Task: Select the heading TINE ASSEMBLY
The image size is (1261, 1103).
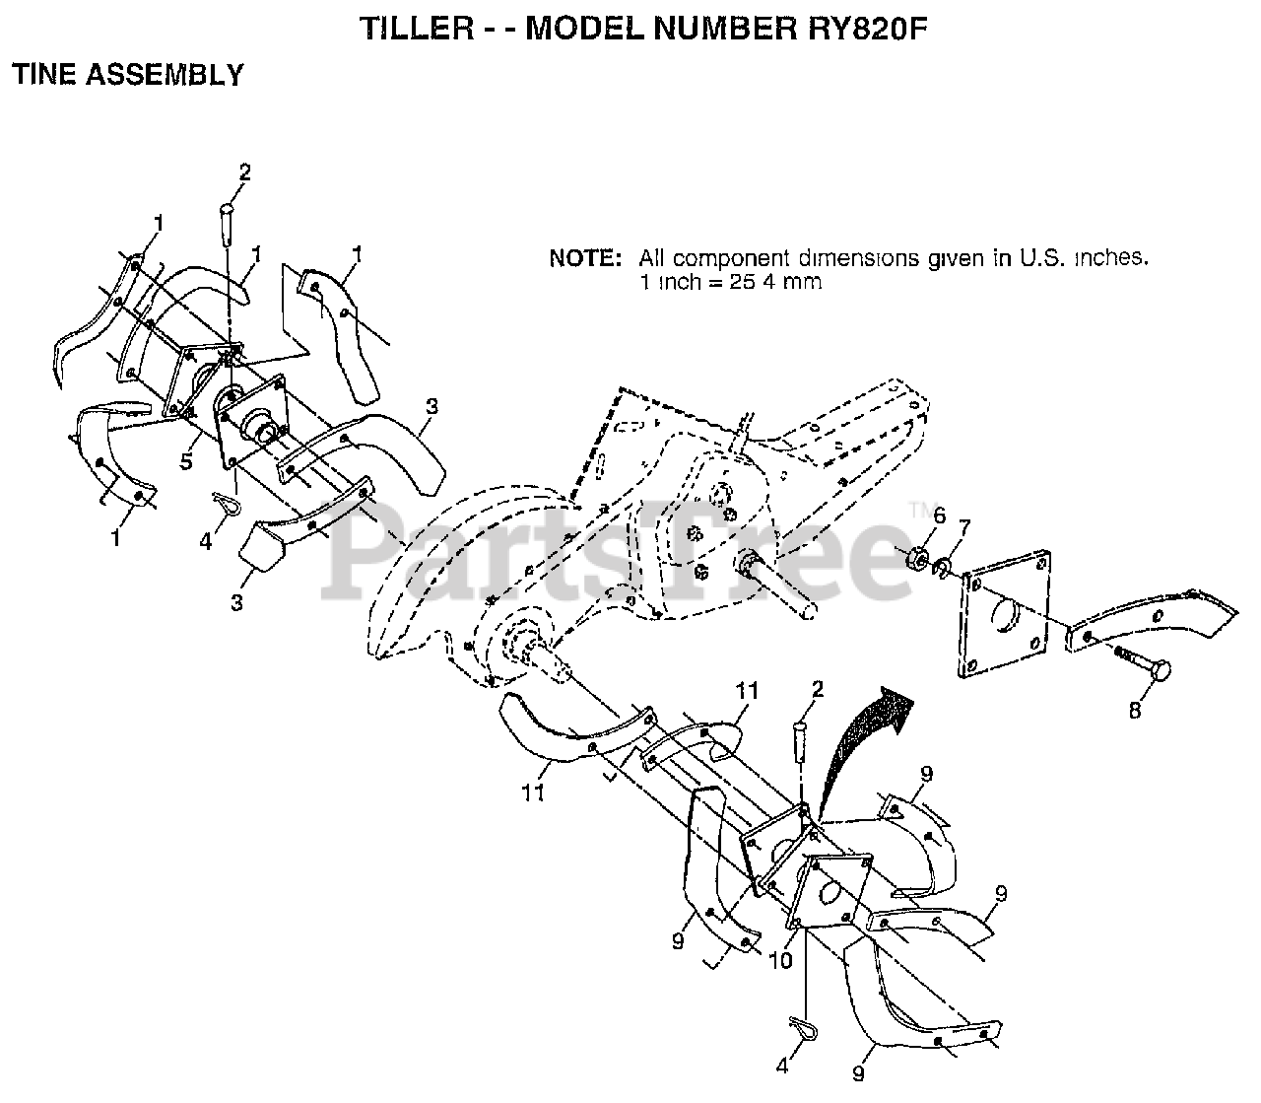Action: [127, 75]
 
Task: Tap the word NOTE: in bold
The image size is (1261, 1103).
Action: [585, 259]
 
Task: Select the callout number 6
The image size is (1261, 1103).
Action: [939, 515]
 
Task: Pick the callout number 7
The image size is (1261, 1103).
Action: [964, 528]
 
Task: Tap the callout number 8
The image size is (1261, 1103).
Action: [1134, 710]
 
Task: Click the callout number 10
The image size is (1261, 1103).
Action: [779, 960]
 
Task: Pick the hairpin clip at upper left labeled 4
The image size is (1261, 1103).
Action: [229, 505]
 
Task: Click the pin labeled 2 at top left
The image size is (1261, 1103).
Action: [227, 219]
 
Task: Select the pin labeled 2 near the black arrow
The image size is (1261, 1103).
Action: [800, 737]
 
